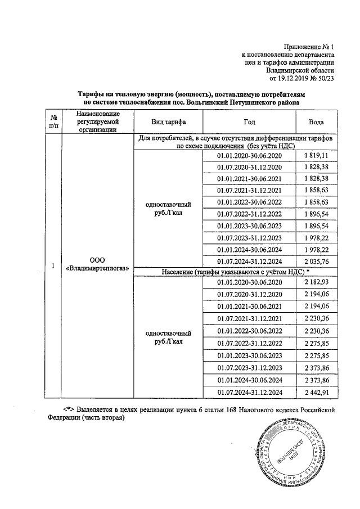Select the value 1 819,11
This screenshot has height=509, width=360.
coord(316,155)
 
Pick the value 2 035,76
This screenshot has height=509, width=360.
coord(316,261)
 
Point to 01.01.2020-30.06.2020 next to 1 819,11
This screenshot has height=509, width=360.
coord(249,155)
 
